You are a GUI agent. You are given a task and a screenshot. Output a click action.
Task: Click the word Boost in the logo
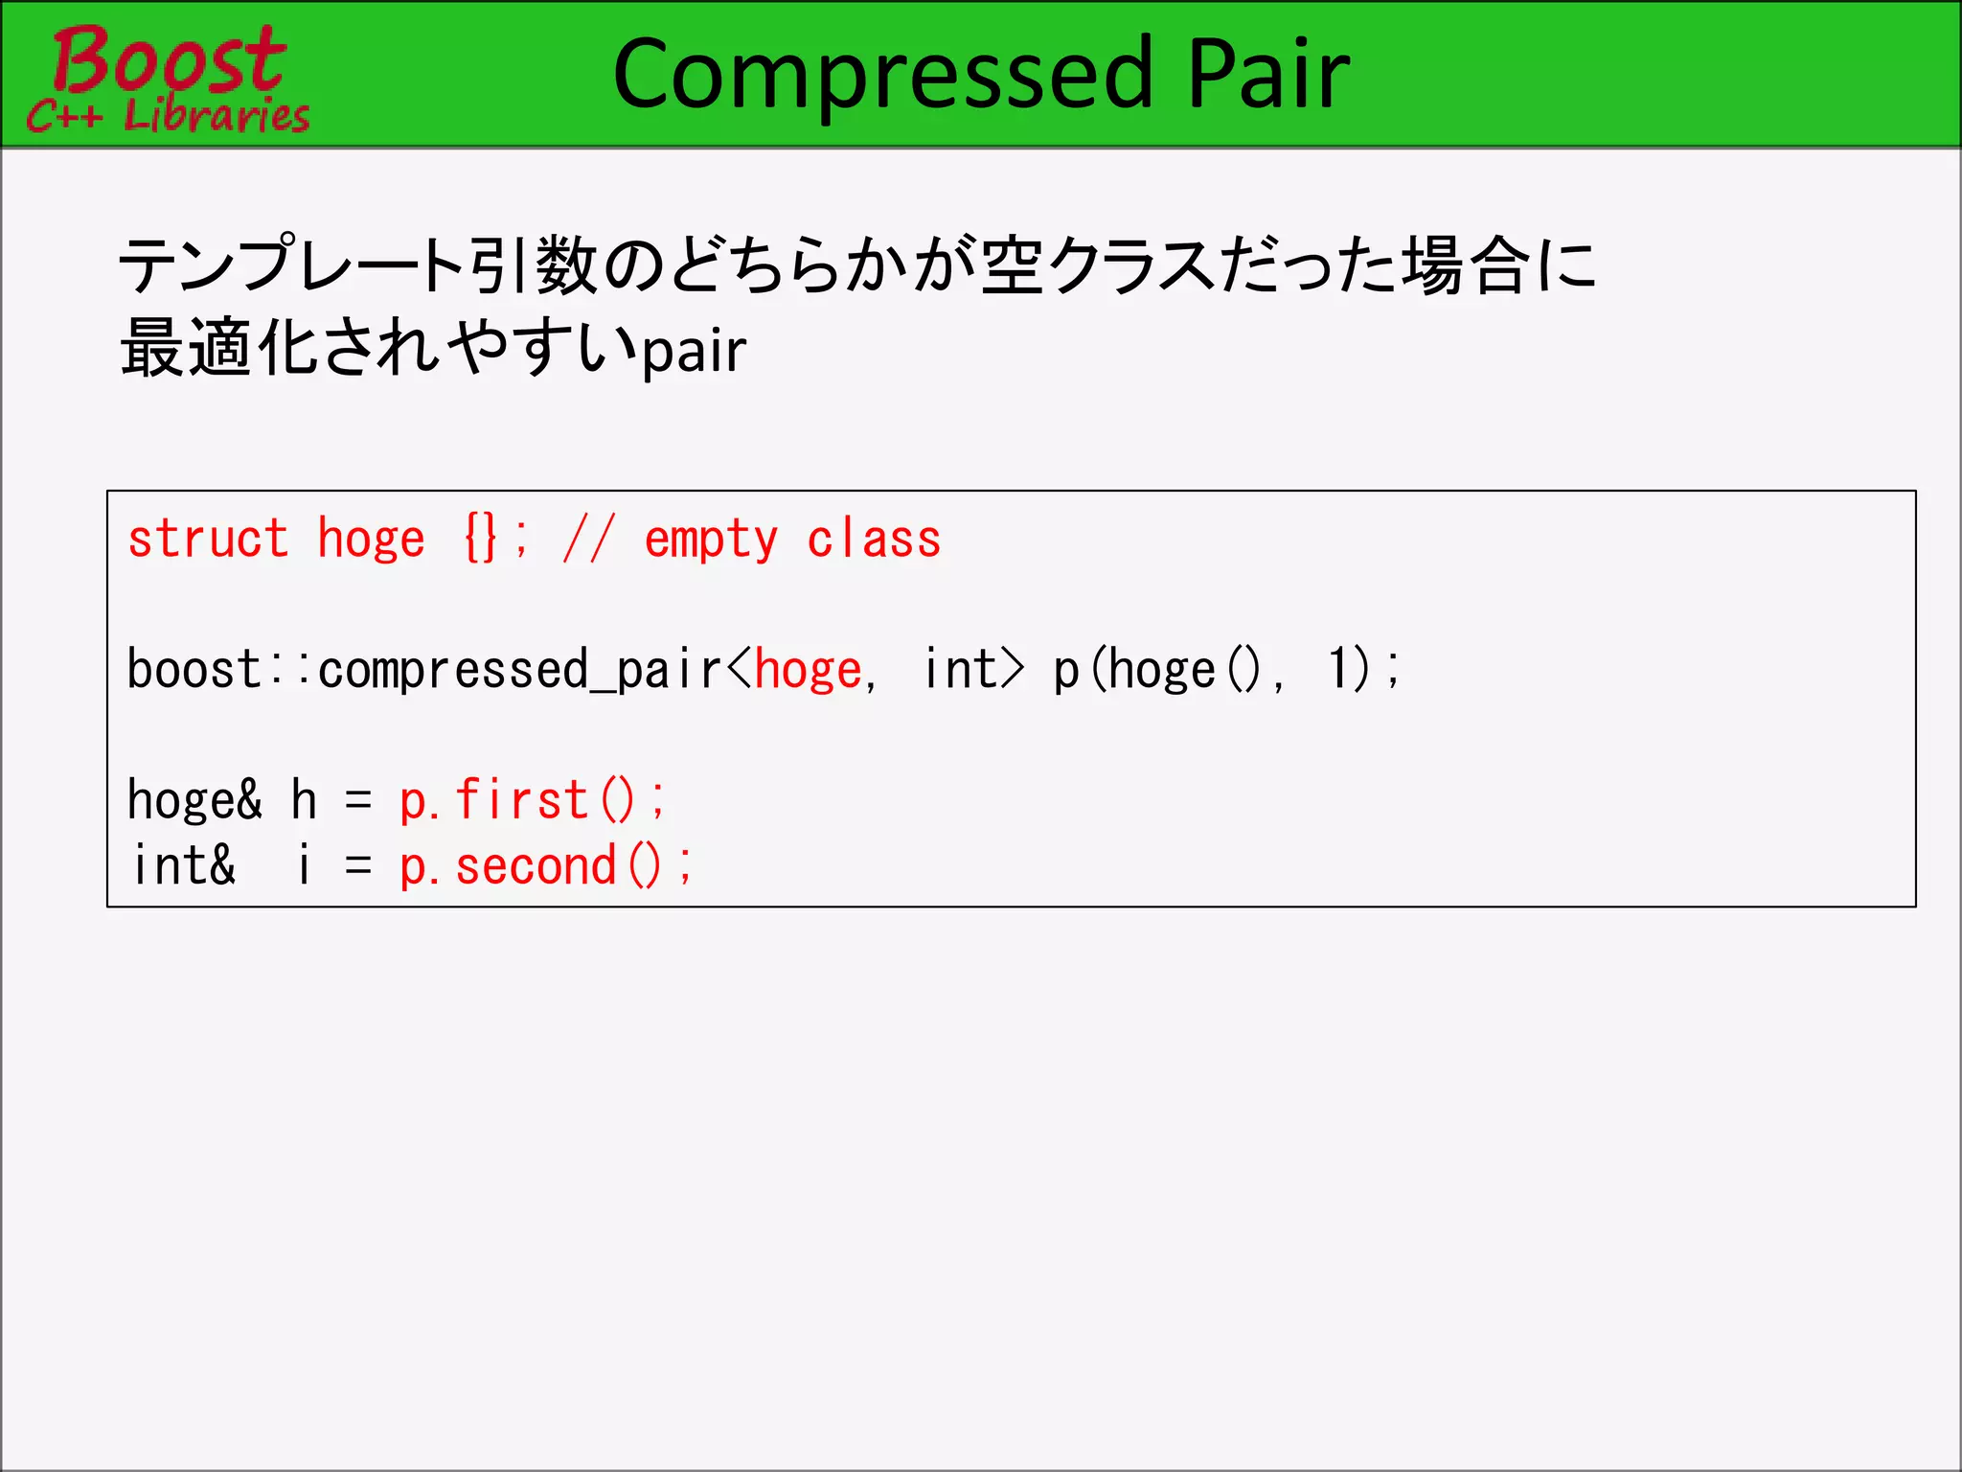169,59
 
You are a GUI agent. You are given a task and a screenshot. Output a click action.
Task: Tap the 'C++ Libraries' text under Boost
169,115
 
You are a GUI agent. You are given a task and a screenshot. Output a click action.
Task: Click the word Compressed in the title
881,75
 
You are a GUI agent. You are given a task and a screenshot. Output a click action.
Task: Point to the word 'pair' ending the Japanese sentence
694,351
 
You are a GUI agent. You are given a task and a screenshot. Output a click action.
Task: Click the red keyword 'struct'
208,539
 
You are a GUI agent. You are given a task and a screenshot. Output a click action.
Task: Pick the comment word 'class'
874,539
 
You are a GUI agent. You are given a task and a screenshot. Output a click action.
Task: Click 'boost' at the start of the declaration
194,669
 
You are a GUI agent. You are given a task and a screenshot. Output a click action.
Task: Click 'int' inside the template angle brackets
960,669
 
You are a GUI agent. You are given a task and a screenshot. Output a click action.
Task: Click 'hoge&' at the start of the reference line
194,801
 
